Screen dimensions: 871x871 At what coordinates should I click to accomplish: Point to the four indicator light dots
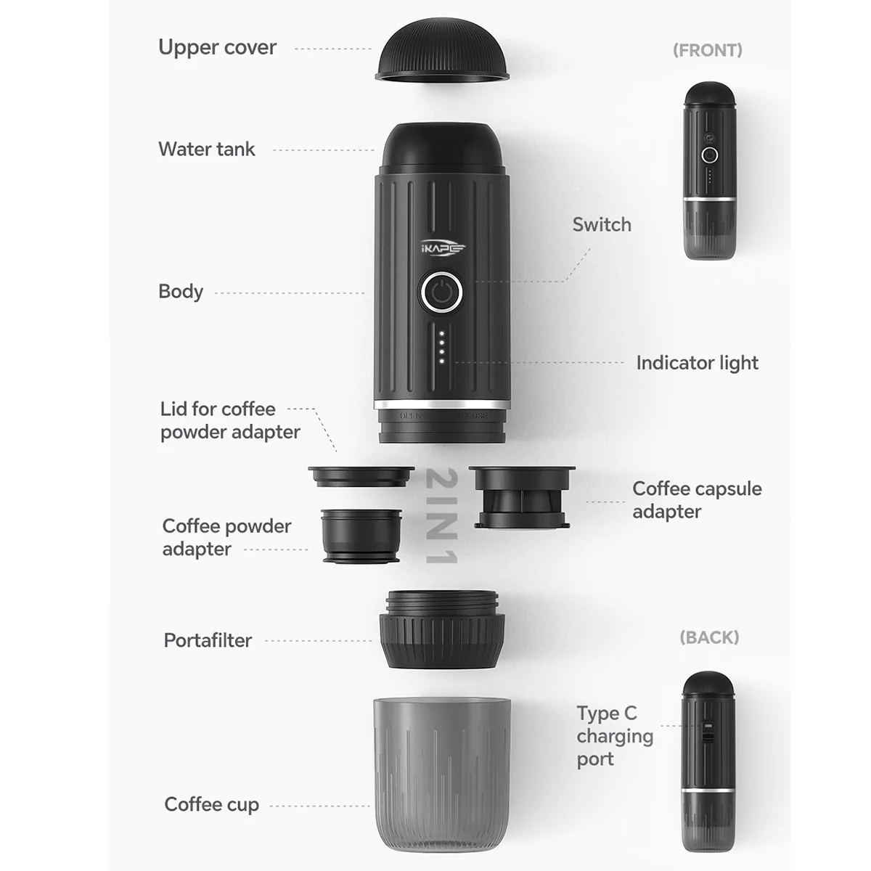[x=441, y=348]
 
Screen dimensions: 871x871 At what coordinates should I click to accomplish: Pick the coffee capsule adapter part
[x=522, y=497]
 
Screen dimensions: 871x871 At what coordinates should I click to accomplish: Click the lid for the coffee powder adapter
[x=361, y=476]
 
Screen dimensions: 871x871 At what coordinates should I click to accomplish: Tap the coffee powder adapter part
[x=361, y=536]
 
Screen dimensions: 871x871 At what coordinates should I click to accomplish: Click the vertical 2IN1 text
[x=441, y=516]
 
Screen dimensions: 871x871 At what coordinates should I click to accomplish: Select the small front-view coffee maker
[x=710, y=171]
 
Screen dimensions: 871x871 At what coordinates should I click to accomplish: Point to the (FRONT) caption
[x=707, y=50]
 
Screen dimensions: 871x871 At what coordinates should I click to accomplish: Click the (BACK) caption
[x=708, y=637]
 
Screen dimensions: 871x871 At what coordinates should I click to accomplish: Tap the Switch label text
[x=602, y=224]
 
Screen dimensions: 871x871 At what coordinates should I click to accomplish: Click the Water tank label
[x=207, y=149]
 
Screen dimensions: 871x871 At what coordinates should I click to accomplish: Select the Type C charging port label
[x=614, y=736]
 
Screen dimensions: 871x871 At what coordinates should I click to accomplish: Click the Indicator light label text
[x=697, y=362]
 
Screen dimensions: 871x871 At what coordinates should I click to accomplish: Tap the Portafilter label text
[x=208, y=640]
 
